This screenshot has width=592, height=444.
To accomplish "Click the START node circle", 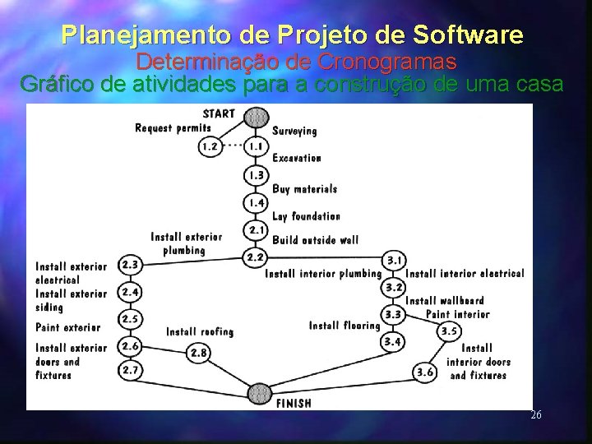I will pos(256,117).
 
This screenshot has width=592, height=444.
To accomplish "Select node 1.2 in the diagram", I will pos(210,147).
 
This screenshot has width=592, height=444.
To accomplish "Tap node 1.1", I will pos(256,147).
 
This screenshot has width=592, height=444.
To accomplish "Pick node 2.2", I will pos(255,257).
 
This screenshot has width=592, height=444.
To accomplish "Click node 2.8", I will pos(198,353).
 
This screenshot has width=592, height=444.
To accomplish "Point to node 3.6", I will pos(424,372).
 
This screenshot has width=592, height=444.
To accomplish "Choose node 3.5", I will pos(449,331).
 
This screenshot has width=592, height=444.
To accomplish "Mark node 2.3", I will pos(129,265).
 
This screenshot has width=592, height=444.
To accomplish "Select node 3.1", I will pos(395,260).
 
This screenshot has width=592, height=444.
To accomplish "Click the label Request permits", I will pos(173,127).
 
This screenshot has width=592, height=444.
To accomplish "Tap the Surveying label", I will pos(294,131).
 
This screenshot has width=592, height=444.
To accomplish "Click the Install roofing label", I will pos(200,331).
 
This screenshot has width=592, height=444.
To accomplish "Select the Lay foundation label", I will pos(306,216).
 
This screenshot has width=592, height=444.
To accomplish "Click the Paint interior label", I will pos(457,314).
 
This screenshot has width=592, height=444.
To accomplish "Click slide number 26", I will pos(535,415).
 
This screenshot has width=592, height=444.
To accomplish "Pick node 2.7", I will pos(129,371).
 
